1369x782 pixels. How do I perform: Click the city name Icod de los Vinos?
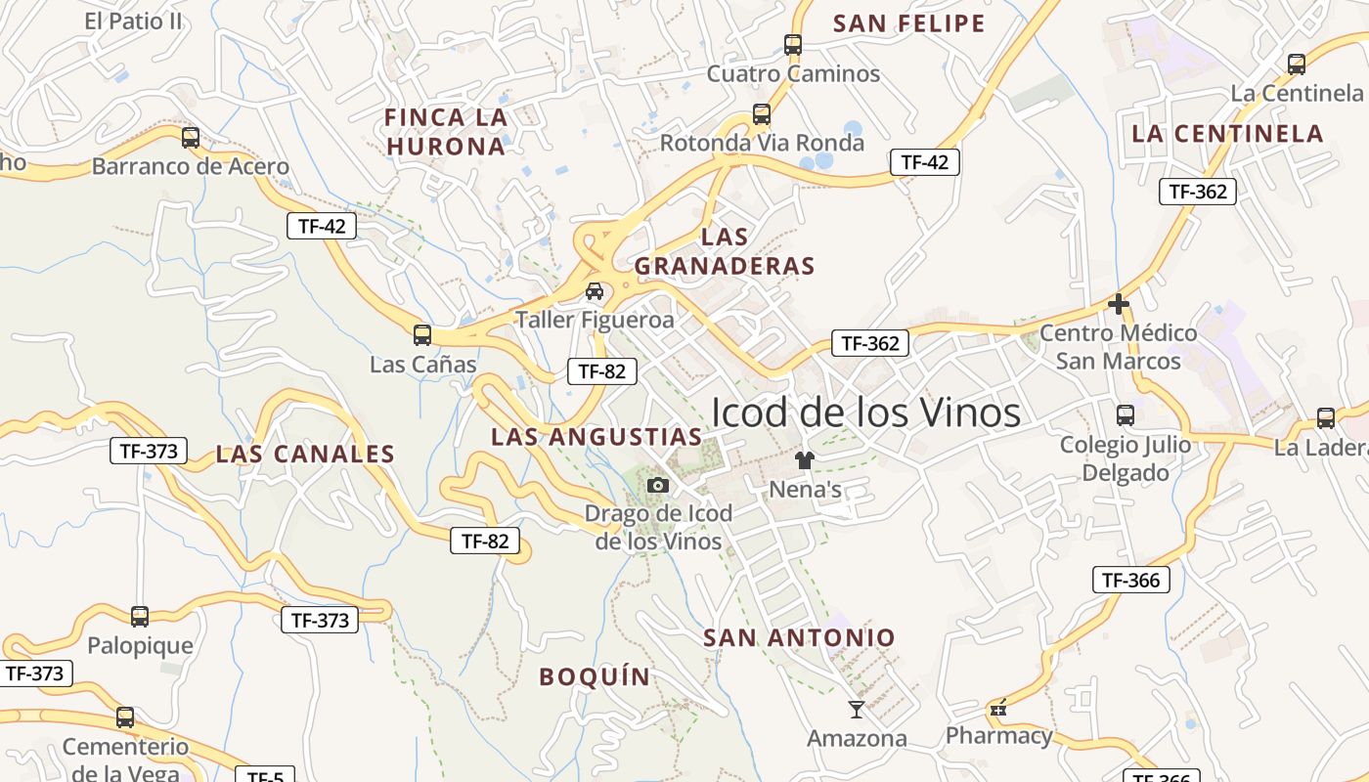865,413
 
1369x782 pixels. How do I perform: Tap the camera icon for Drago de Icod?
658,485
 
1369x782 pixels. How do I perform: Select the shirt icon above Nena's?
805,460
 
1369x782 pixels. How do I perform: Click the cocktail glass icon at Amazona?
857,710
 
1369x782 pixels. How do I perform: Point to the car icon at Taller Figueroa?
595,291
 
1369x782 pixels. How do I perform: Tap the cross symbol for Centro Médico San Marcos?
1119,305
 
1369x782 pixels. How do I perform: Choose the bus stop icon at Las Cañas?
422,335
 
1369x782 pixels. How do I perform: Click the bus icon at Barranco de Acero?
191,138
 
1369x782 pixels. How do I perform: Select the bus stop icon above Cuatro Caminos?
793,45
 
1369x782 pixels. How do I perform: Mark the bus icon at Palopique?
140,617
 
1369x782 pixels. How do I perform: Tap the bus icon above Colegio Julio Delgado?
1126,415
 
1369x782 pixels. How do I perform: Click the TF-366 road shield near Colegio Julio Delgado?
1130,580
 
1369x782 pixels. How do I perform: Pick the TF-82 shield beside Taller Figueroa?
602,371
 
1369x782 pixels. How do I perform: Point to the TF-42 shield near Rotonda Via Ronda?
924,162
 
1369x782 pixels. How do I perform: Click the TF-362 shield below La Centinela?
1198,192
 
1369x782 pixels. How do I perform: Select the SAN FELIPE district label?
909,23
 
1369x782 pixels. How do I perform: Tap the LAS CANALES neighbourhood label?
305,454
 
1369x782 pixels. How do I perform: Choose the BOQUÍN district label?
595,676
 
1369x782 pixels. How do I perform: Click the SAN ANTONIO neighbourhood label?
799,638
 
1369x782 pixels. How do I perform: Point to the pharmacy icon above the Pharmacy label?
997,709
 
